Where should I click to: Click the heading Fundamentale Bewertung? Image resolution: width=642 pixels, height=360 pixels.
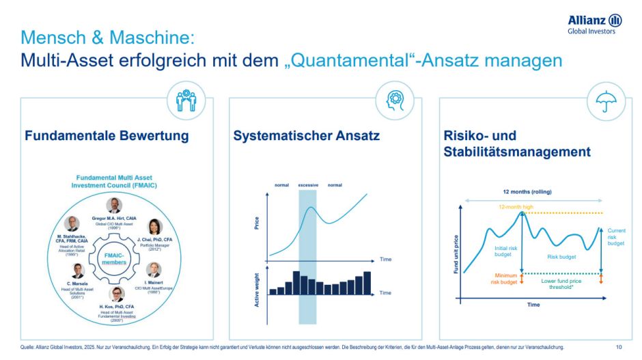tap(107, 136)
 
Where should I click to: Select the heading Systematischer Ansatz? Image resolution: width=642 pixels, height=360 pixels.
tap(306, 136)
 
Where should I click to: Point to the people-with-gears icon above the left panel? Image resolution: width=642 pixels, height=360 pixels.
tap(185, 100)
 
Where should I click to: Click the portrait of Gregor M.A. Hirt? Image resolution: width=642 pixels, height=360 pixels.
tap(114, 205)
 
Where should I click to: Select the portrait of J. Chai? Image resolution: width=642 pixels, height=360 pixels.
tap(155, 227)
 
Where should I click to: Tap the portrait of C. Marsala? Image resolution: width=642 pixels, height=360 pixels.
tap(79, 270)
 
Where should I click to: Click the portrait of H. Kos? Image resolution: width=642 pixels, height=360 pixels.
tap(118, 295)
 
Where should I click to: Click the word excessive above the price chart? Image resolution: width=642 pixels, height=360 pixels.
tap(307, 185)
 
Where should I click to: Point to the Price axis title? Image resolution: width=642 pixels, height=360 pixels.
tap(257, 223)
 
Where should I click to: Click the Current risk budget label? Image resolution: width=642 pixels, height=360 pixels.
tap(616, 236)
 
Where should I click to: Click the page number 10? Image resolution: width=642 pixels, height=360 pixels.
tap(619, 347)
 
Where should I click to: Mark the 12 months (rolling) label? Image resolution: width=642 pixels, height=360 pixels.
tap(532, 192)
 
